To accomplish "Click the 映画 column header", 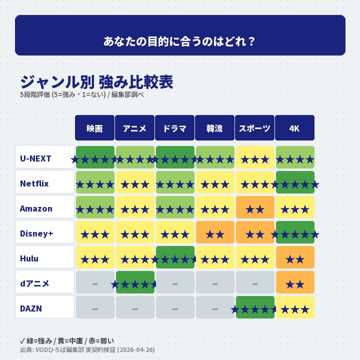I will click(x=94, y=128).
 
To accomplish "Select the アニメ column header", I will click(x=134, y=128).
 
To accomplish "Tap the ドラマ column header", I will click(x=174, y=128).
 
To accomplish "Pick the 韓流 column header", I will click(x=214, y=128).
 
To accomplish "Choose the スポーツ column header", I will click(x=254, y=128).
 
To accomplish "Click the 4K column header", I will click(x=294, y=128).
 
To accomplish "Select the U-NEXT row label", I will click(x=44, y=159).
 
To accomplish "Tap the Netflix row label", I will click(x=44, y=183).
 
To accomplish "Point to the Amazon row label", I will click(x=44, y=208).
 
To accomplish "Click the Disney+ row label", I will click(x=44, y=233).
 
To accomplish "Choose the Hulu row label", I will click(x=44, y=258).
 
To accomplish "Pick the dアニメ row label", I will click(x=44, y=283).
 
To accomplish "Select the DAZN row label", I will click(x=44, y=308).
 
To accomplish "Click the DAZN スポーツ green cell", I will click(x=255, y=307).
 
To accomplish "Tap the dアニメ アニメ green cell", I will click(x=135, y=282).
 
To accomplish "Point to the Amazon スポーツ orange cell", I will click(x=255, y=207).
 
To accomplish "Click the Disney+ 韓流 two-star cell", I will click(x=215, y=232).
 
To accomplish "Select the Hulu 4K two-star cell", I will click(x=295, y=257).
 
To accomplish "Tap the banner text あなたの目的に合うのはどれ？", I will click(x=180, y=41).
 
